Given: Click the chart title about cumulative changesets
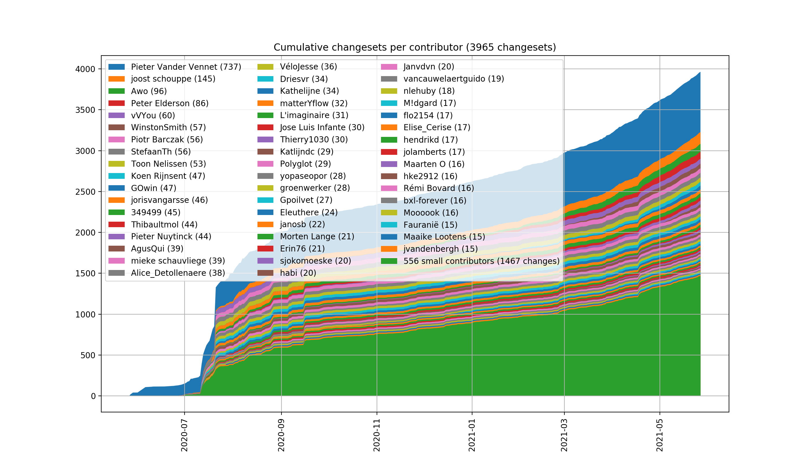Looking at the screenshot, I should point(415,47).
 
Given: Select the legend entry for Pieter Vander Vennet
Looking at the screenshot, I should point(186,67).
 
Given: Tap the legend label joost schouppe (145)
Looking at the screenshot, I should point(173,79).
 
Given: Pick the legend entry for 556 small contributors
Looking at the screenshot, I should point(481,261).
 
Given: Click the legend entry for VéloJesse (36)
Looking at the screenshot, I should point(308,67).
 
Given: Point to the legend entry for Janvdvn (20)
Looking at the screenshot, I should point(428,67).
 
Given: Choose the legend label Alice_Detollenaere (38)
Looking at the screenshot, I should point(178,273).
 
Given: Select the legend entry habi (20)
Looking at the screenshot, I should point(298,273).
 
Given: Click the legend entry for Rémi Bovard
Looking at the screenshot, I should point(438,188).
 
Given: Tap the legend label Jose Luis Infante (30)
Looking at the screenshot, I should point(322,128).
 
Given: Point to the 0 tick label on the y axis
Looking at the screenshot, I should point(93,396).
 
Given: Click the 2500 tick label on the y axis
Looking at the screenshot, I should point(85,192).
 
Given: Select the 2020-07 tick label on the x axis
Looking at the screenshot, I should point(184,435).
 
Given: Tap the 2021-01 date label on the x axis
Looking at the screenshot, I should point(472,435).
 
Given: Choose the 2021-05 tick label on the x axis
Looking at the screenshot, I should point(660,435).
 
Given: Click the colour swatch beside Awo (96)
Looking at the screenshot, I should point(116,91).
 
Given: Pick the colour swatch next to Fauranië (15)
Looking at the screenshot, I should point(389,225).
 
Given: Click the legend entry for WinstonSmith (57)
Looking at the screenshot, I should point(168,128).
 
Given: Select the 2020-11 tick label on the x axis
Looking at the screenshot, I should point(377,435).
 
